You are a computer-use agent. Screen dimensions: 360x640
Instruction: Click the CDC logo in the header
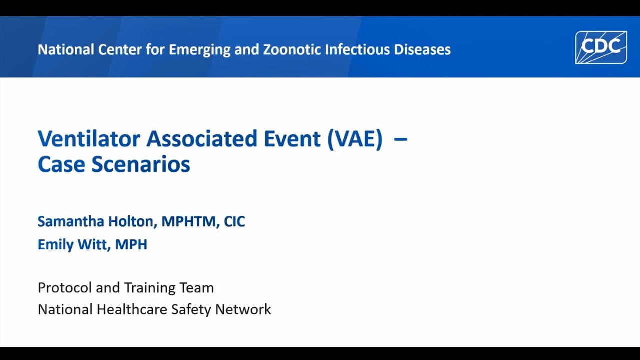point(601,47)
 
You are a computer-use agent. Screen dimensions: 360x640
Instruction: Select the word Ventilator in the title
point(89,138)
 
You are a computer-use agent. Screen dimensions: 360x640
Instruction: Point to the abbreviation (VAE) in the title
point(355,138)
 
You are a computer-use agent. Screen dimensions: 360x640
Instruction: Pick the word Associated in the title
point(202,138)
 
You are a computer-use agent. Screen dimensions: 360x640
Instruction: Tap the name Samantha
point(70,221)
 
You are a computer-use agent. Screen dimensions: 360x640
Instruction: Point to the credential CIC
point(234,221)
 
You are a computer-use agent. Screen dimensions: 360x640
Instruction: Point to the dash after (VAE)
point(400,138)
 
